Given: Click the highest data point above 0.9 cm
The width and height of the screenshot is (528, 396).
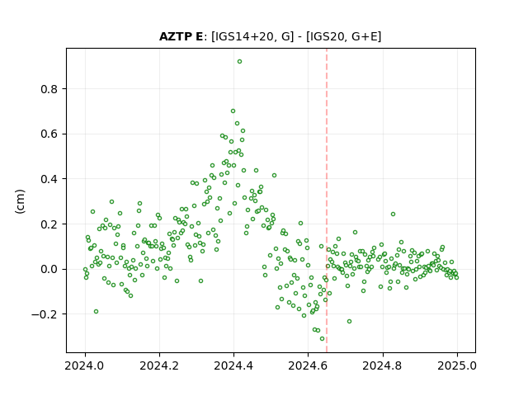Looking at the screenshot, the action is [x=239, y=62].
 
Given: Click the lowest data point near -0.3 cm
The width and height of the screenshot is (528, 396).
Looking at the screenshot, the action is [x=323, y=339].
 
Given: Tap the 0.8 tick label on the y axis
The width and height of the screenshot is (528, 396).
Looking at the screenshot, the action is [x=49, y=89].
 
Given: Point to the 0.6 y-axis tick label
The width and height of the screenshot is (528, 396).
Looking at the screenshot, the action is [x=49, y=134].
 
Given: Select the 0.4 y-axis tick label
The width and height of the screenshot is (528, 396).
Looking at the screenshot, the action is [x=49, y=179].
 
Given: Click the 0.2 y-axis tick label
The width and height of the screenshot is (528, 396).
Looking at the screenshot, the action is [x=49, y=224].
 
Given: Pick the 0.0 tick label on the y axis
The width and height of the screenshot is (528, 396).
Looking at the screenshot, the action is [x=49, y=270].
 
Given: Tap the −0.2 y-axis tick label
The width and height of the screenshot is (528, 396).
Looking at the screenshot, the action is [x=45, y=314].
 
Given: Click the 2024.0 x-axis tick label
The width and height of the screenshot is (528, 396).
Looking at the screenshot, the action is [x=85, y=365].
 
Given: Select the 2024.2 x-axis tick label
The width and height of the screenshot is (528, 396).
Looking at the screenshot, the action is [x=159, y=365].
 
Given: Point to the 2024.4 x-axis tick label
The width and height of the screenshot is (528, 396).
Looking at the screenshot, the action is [x=233, y=365].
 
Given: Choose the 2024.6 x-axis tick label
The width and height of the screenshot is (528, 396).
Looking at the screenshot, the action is [x=308, y=365].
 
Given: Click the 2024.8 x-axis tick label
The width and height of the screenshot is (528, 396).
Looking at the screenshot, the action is [x=383, y=365].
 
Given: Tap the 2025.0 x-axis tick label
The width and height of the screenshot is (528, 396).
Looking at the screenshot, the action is [x=457, y=365].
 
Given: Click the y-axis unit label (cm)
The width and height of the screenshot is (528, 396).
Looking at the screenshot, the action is [x=20, y=201].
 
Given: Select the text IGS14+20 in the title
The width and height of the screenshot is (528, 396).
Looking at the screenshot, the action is [x=243, y=36].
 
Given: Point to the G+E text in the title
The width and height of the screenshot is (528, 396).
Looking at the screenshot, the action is [x=365, y=36].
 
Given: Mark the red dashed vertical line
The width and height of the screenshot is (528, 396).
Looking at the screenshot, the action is [x=327, y=200].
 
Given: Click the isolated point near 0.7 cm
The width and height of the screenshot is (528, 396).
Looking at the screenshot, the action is [x=233, y=111].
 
